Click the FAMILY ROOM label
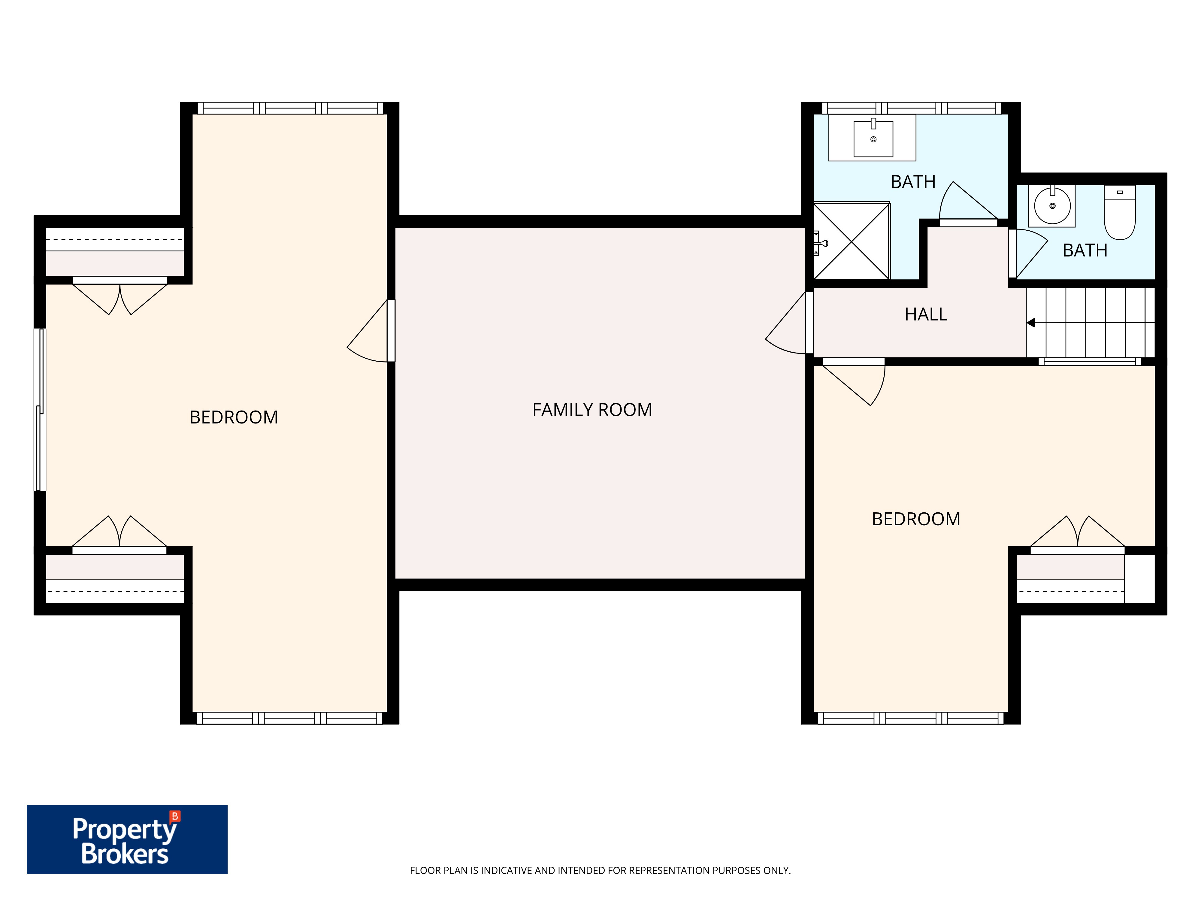(592, 409)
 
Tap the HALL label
(926, 314)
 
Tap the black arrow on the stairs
(1030, 323)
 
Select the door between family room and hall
(789, 323)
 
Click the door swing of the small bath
(1028, 253)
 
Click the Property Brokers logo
(127, 839)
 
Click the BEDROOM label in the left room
(234, 417)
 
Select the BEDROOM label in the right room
(916, 519)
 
